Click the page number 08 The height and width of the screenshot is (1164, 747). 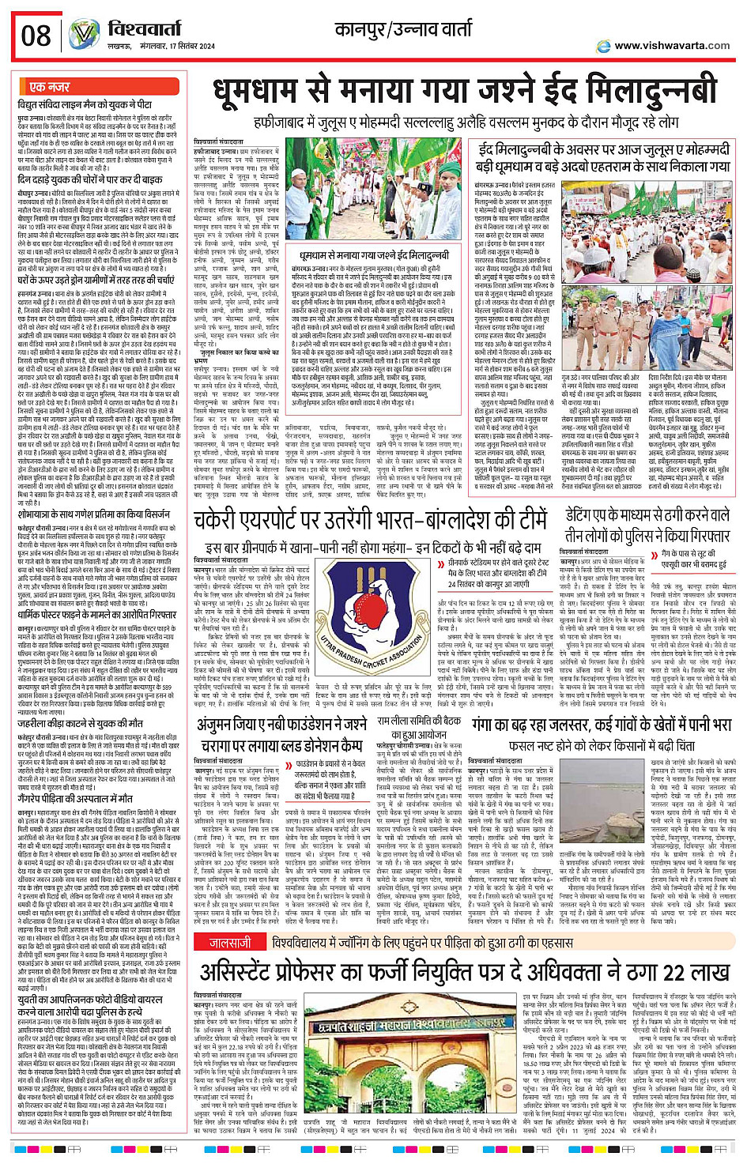pyautogui.click(x=36, y=35)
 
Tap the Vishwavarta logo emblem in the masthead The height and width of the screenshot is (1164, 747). pyautogui.click(x=84, y=32)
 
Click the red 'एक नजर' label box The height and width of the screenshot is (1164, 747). pyautogui.click(x=49, y=86)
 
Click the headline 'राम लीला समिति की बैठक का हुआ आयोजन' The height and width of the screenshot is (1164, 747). pyautogui.click(x=418, y=728)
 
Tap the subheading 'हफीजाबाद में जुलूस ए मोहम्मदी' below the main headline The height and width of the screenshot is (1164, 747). pyautogui.click(x=466, y=123)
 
